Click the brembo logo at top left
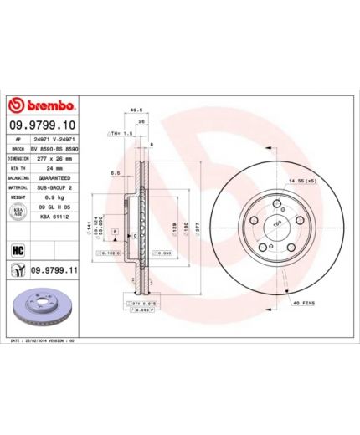click(43, 105)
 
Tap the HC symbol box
click(16, 248)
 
